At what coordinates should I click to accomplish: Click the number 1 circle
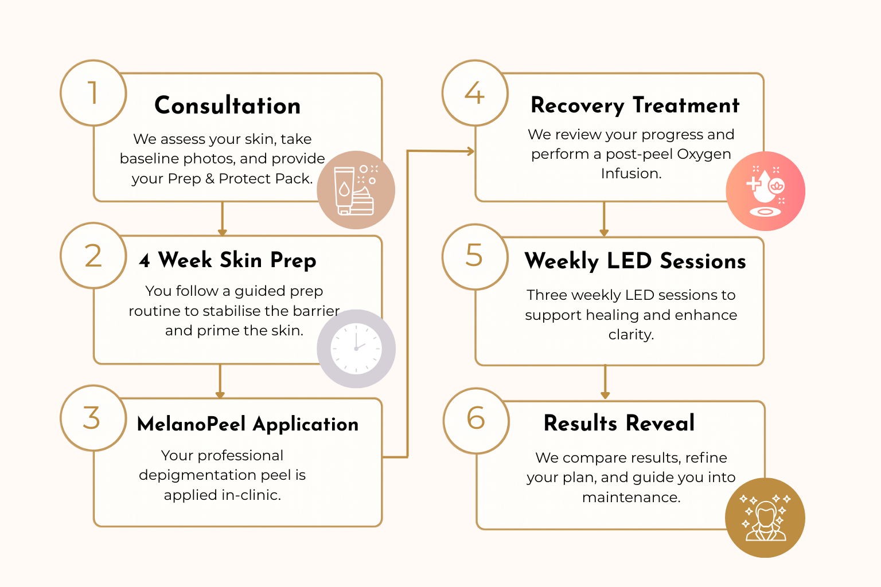tap(93, 93)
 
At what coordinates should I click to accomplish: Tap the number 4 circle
tap(475, 93)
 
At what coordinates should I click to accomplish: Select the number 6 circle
tap(476, 420)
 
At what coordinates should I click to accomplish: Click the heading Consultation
tap(228, 106)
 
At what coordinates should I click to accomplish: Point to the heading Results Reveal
tap(619, 424)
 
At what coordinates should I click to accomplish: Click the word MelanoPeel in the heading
tap(191, 424)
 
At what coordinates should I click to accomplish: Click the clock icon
tap(356, 349)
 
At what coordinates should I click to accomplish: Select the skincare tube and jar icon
tap(356, 190)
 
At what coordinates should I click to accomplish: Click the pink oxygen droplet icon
tap(765, 191)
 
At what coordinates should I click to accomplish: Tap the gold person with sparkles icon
tap(765, 518)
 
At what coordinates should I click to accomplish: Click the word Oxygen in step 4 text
tap(704, 154)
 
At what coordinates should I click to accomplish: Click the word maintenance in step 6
tap(631, 498)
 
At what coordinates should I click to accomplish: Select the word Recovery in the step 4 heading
tap(577, 106)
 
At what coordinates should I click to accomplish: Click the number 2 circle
tap(93, 256)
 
